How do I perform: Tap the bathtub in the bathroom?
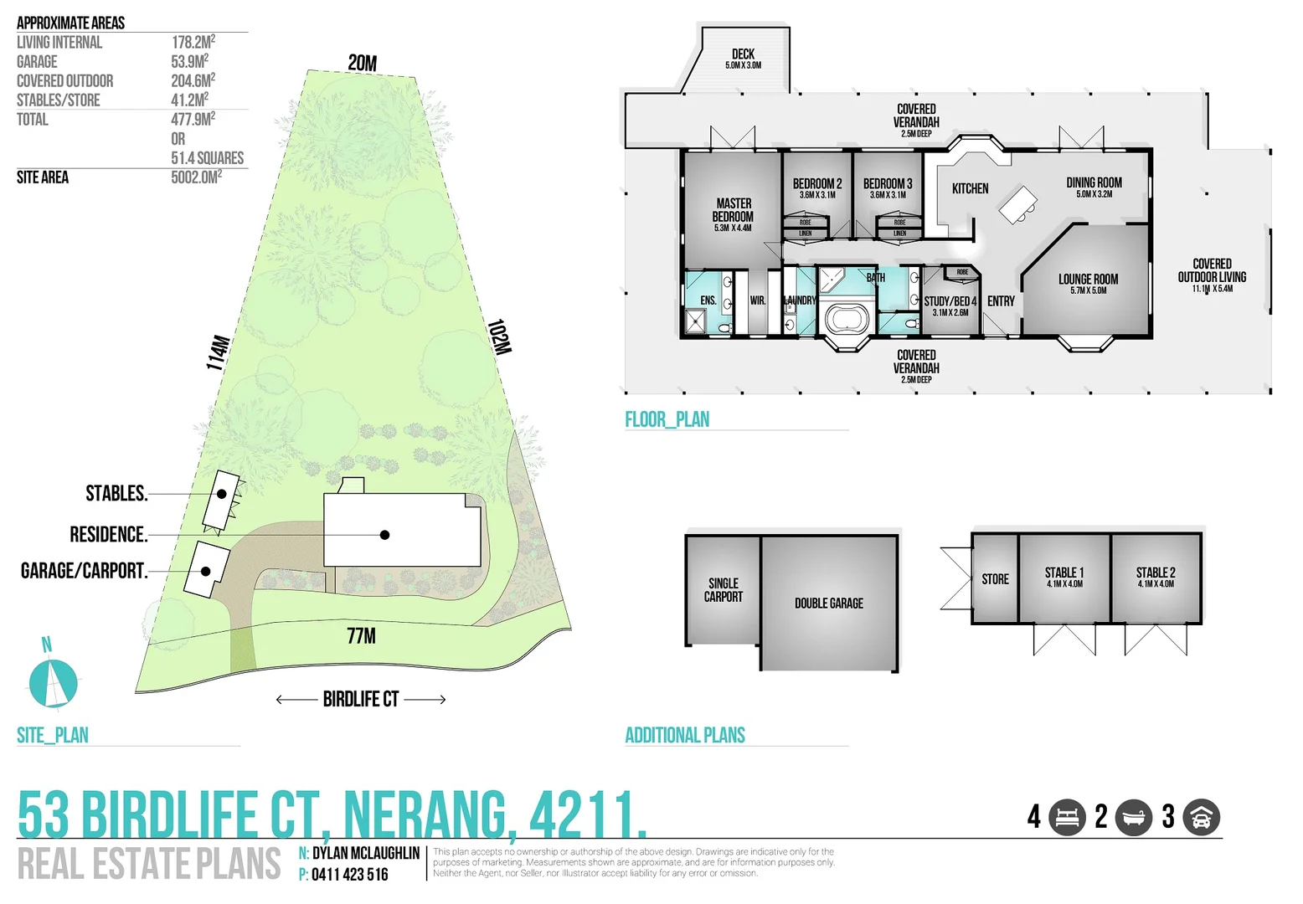click(x=848, y=319)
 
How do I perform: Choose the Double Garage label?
click(x=828, y=603)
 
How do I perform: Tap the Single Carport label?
click(x=723, y=589)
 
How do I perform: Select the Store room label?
click(x=995, y=579)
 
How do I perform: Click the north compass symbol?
click(x=53, y=681)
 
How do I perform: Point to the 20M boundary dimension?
click(x=363, y=63)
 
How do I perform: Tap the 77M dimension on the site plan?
click(x=362, y=636)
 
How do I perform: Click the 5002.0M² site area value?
click(x=196, y=177)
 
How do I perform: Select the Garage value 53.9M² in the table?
click(x=189, y=62)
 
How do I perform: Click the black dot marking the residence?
click(x=384, y=535)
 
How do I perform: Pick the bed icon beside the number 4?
click(x=1067, y=817)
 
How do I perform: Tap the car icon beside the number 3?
click(x=1201, y=817)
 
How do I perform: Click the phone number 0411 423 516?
click(x=349, y=875)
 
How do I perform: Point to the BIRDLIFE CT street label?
click(x=361, y=699)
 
